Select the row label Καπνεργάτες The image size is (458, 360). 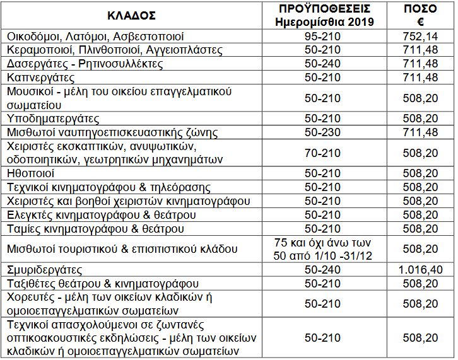point(41,78)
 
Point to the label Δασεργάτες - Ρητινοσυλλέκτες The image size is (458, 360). point(85,64)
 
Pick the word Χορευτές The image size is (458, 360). point(29,298)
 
